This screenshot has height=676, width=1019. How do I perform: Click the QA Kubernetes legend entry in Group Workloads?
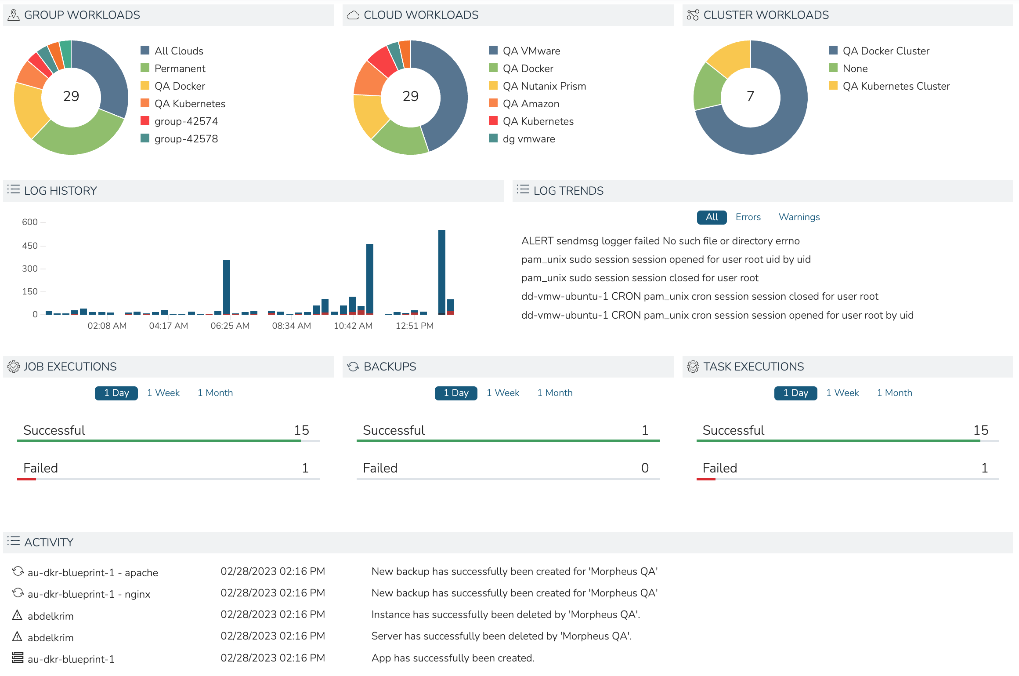pyautogui.click(x=189, y=104)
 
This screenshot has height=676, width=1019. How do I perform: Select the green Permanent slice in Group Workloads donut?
pyautogui.click(x=77, y=138)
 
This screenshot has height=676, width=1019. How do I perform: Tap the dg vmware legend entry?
pyautogui.click(x=528, y=139)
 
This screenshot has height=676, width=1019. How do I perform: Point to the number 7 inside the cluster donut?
pyautogui.click(x=750, y=96)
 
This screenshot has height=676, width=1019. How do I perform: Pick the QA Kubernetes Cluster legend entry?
pyautogui.click(x=896, y=86)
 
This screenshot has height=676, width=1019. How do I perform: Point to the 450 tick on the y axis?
pyautogui.click(x=30, y=246)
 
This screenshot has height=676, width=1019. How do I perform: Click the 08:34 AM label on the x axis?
pyautogui.click(x=291, y=326)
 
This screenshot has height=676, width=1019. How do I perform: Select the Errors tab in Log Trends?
pyautogui.click(x=748, y=217)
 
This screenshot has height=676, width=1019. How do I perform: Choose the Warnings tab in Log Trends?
pyautogui.click(x=799, y=217)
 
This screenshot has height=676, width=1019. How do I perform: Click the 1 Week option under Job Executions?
pyautogui.click(x=163, y=393)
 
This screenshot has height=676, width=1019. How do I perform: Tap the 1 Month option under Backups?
pyautogui.click(x=554, y=393)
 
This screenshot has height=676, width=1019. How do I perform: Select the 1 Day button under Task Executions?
pyautogui.click(x=795, y=393)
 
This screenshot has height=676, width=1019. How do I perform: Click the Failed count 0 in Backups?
pyautogui.click(x=644, y=468)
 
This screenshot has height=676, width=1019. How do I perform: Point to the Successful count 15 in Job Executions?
pyautogui.click(x=301, y=430)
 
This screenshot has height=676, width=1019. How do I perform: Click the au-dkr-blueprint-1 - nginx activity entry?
pyautogui.click(x=89, y=594)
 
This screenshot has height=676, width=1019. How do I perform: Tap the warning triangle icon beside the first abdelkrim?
pyautogui.click(x=17, y=615)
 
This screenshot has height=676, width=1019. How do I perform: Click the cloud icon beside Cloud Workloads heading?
pyautogui.click(x=353, y=15)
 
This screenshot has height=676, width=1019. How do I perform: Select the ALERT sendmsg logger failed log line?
pyautogui.click(x=660, y=241)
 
